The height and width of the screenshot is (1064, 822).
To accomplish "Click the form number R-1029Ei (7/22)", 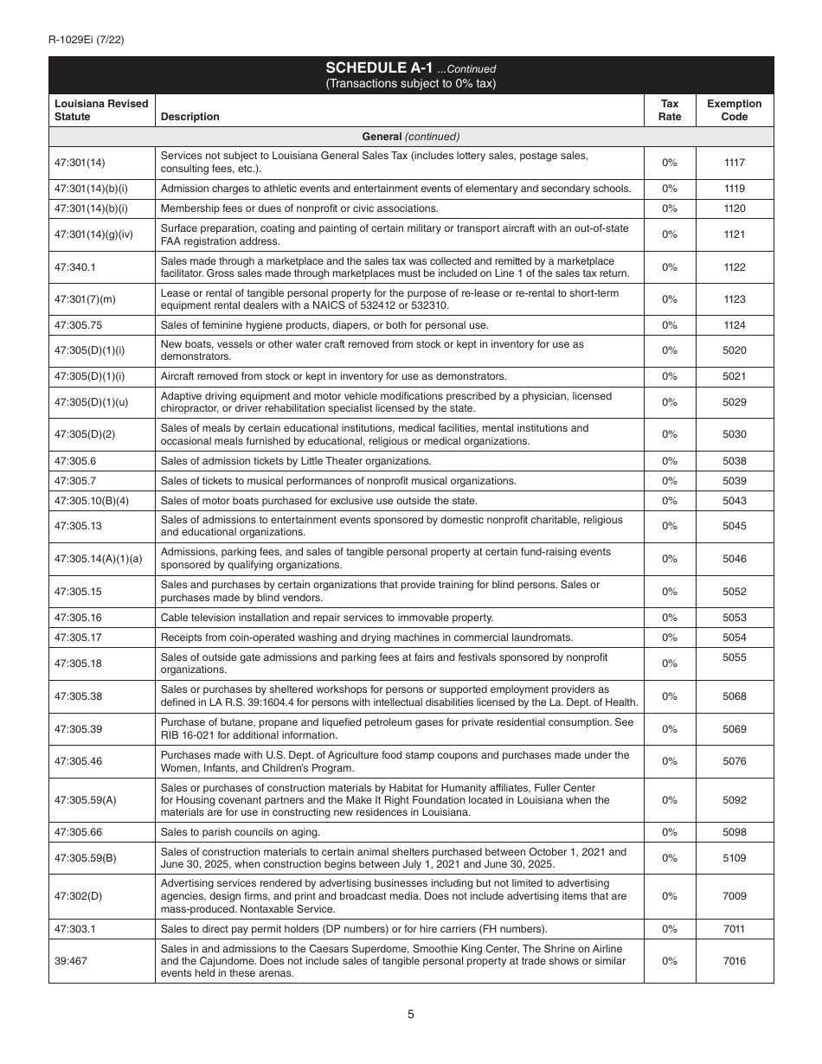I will coord(87,39).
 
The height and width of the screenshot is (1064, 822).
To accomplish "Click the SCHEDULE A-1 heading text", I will coord(379,68).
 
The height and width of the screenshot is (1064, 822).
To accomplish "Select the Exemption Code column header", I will coord(734,110).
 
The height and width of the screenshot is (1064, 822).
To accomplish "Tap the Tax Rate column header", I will coord(670,110).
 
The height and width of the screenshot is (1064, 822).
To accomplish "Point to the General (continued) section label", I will coord(411,137).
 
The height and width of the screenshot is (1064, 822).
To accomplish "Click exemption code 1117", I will coord(734,163).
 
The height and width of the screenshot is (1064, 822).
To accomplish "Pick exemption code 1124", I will coord(734,325).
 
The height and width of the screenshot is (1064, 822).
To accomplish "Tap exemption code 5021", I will coord(734,376).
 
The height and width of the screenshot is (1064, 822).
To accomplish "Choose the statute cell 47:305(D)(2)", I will coord(85,434).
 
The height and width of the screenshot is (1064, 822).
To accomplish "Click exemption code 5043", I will coord(734,501).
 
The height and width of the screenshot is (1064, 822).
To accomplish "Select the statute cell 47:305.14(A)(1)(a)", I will coord(98,559).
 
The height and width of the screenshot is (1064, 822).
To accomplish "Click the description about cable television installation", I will coord(326,618).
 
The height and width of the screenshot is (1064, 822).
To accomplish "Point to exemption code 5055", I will coord(734,657).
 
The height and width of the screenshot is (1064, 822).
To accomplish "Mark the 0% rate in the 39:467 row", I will coord(670,961).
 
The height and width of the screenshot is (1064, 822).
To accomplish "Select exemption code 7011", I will coord(734,929).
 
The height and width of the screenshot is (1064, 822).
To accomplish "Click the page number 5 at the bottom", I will coord(411,1015).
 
